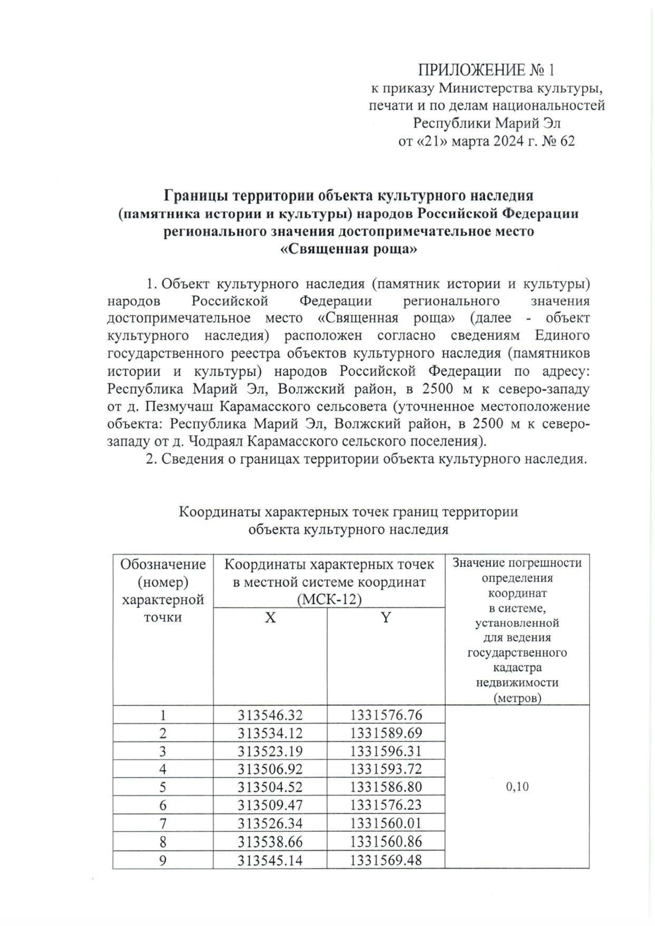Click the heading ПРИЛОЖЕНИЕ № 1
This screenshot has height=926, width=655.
tap(486, 70)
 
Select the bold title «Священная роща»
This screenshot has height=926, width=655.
tap(349, 250)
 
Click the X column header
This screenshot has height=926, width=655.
tap(270, 618)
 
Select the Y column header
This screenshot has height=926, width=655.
tap(386, 618)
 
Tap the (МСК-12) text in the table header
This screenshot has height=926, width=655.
tap(329, 599)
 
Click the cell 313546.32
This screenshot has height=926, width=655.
tap(270, 715)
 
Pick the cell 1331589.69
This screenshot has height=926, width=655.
tap(386, 733)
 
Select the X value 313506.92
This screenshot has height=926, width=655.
tap(270, 769)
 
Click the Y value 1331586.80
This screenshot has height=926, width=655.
tap(386, 787)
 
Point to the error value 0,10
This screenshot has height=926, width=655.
tap(517, 787)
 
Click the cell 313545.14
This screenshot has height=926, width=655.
tap(270, 860)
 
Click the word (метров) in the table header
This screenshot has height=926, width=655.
tap(517, 698)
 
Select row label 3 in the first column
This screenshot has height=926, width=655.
tap(163, 751)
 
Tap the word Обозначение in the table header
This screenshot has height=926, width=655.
tap(163, 564)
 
